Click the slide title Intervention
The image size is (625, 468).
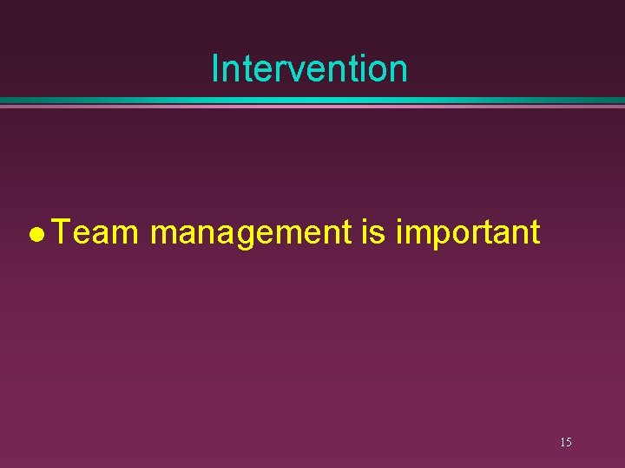pos(309,68)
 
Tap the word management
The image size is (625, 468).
pos(249,233)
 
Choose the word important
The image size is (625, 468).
pos(467,233)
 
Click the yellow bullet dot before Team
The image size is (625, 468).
pos(36,234)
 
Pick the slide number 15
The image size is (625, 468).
pos(565,443)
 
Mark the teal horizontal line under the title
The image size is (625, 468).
pos(312,101)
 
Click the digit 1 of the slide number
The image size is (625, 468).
pos(562,443)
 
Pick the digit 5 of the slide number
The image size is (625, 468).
pos(569,443)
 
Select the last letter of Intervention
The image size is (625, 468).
pos(398,70)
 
